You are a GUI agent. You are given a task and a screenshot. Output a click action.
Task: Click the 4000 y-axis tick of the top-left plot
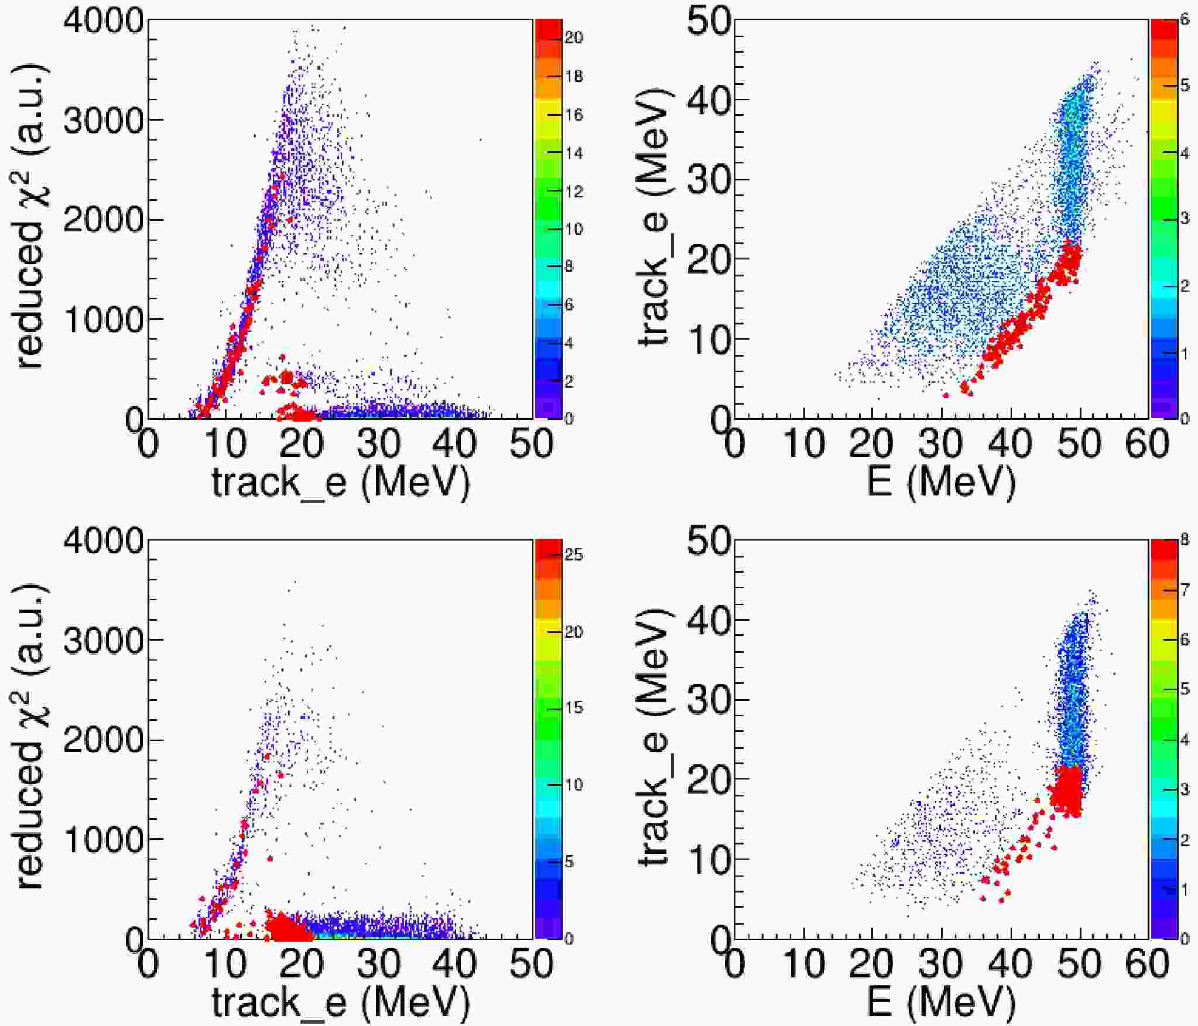tap(103, 22)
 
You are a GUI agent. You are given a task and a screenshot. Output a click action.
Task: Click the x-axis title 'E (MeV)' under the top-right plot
tap(941, 483)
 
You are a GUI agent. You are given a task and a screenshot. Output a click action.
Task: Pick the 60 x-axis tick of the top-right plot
tap(1148, 443)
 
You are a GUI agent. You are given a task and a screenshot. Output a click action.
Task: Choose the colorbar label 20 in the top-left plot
tap(574, 38)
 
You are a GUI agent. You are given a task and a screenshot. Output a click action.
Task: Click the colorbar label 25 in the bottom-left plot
tap(574, 555)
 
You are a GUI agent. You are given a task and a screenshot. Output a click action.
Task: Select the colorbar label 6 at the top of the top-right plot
tap(1185, 20)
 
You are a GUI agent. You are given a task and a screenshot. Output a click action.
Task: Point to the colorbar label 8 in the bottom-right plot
tap(1185, 540)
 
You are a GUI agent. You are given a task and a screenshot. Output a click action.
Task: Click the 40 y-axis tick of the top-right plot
tap(709, 100)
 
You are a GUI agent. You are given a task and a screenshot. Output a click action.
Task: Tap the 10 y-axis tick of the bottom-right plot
tap(709, 859)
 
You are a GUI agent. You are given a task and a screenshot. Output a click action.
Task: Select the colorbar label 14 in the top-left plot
tap(574, 154)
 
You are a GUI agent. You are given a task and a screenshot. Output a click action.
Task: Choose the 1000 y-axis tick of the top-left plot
tap(103, 320)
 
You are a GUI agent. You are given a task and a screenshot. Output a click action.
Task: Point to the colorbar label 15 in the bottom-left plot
tap(574, 708)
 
